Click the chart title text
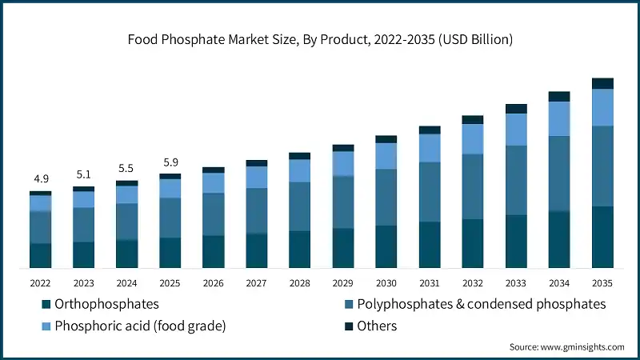click(320, 38)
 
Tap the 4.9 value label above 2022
click(40, 178)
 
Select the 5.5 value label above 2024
click(126, 168)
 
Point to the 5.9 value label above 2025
click(170, 160)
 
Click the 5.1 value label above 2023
click(83, 174)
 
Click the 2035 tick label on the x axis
click(602, 282)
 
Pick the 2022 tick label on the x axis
click(40, 282)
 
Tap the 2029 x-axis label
click(343, 282)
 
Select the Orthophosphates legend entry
click(100, 304)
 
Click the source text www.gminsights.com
click(566, 346)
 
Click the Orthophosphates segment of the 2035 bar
click(602, 237)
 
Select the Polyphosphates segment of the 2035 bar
click(602, 166)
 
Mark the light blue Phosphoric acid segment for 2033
click(516, 129)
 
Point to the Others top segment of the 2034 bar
click(559, 96)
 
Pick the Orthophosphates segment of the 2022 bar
click(40, 255)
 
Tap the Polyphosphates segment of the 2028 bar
click(299, 206)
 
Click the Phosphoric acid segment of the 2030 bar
click(386, 156)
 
